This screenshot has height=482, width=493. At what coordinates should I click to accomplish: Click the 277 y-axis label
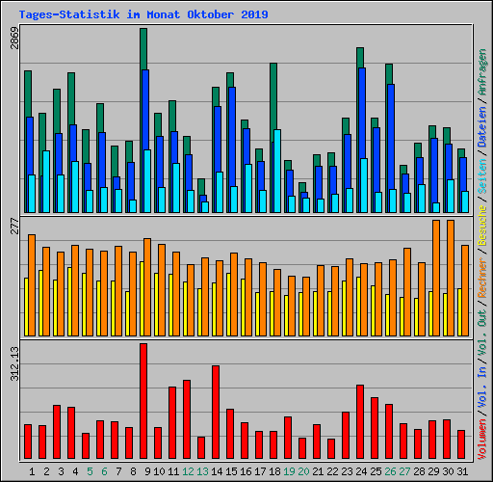point(13,227)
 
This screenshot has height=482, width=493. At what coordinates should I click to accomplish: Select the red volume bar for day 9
point(143,401)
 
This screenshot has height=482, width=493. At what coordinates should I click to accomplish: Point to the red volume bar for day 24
point(360,421)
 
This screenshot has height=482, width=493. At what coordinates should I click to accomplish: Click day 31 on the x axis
point(462,471)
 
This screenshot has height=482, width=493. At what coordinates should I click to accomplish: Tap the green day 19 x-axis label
point(288,471)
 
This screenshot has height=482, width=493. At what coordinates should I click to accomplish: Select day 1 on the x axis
point(32,471)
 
